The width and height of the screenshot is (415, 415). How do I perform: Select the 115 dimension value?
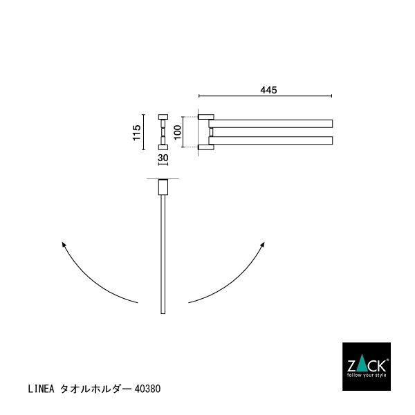[137, 131]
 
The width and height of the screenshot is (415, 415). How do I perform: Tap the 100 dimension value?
[178, 131]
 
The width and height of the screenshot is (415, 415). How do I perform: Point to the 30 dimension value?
[163, 158]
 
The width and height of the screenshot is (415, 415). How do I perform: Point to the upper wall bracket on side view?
[205, 117]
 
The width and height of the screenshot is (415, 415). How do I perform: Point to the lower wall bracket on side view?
[205, 147]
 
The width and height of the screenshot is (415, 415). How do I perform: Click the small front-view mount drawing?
[163, 131]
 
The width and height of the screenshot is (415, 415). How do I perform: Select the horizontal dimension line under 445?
[266, 95]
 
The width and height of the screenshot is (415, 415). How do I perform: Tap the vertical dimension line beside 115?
[145, 131]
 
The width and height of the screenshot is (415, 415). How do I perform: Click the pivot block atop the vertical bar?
[163, 188]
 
